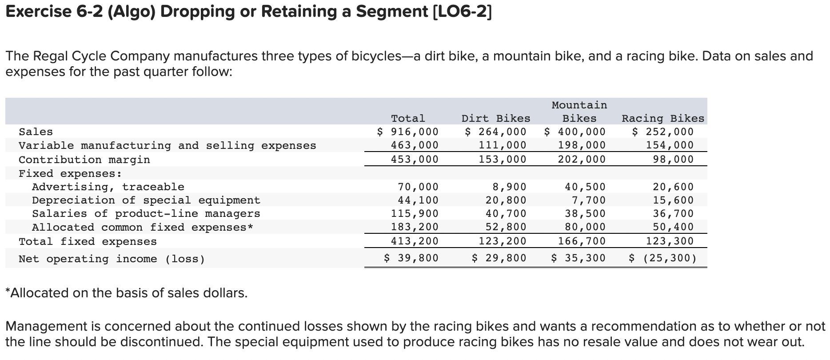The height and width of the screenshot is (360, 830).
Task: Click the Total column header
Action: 408,119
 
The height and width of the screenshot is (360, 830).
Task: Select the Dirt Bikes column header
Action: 496,119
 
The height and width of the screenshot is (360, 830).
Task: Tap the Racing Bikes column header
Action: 663,119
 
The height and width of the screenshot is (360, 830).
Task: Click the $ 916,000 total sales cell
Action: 408,132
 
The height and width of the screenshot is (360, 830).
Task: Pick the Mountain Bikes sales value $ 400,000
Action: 575,132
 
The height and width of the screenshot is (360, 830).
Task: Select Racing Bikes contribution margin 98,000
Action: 673,159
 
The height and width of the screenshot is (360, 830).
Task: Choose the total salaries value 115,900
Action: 415,214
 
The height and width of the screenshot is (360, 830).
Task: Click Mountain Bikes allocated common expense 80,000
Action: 585,227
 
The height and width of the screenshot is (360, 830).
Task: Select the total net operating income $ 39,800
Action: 411,258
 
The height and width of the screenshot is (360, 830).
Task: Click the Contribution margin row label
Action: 84,160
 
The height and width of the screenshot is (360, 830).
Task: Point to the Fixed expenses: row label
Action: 70,173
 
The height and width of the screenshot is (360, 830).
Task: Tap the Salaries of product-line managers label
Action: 146,214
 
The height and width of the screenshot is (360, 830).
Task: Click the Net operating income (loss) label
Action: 112,259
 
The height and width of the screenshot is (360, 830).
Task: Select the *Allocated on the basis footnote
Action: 127,293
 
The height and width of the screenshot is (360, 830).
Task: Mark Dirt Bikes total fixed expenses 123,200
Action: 503,241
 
